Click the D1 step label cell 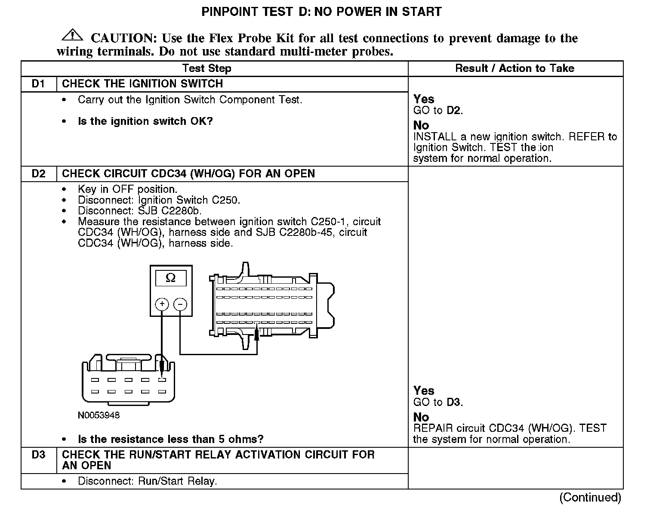click(x=39, y=84)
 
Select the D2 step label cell click(x=39, y=174)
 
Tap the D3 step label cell click(x=39, y=455)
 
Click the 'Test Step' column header click(x=207, y=68)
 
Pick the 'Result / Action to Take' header click(x=515, y=68)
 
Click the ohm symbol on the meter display click(x=171, y=278)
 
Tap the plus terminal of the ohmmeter click(x=162, y=304)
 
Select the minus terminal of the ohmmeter click(x=180, y=304)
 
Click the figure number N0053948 click(x=99, y=415)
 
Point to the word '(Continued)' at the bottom click(x=590, y=498)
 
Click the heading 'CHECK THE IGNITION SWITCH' click(x=142, y=84)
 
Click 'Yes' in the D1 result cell click(x=424, y=99)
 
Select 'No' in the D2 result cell click(x=421, y=417)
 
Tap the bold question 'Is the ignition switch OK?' click(x=145, y=121)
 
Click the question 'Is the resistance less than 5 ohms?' click(x=170, y=440)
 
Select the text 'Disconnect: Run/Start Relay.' click(x=147, y=481)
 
